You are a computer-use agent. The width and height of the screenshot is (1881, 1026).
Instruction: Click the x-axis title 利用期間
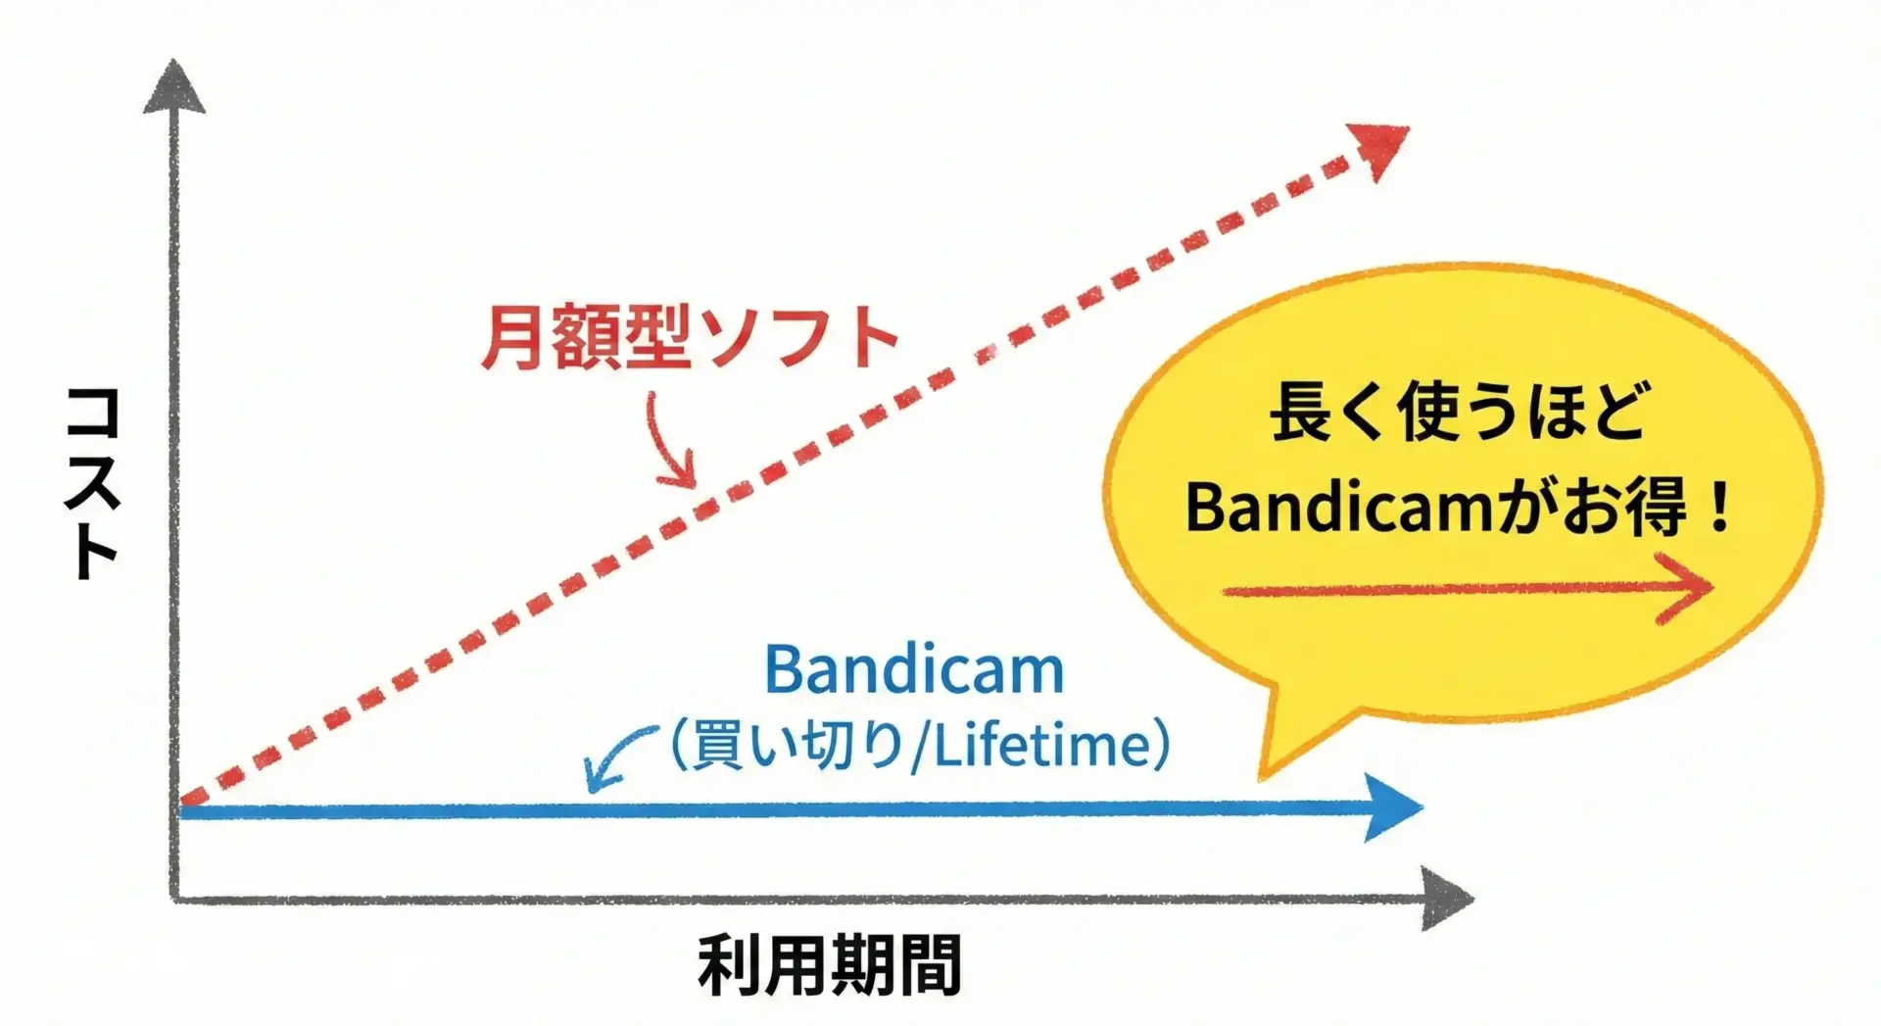pyautogui.click(x=830, y=965)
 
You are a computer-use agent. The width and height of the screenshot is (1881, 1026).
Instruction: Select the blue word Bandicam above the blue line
pyautogui.click(x=914, y=671)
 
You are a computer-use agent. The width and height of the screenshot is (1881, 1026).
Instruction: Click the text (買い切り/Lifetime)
pyautogui.click(x=920, y=747)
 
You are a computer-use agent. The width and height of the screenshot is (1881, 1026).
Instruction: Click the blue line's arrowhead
pyautogui.click(x=1392, y=807)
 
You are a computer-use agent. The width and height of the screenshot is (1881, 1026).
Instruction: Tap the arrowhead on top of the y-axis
pyautogui.click(x=174, y=86)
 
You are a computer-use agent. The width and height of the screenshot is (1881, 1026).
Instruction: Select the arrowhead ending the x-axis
pyautogui.click(x=1446, y=899)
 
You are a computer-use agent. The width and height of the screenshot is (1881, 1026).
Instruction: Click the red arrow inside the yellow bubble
pyautogui.click(x=1468, y=590)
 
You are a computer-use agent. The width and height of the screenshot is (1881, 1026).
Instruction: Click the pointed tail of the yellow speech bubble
pyautogui.click(x=1262, y=776)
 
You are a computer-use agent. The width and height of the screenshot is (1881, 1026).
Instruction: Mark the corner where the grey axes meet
pyautogui.click(x=174, y=898)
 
